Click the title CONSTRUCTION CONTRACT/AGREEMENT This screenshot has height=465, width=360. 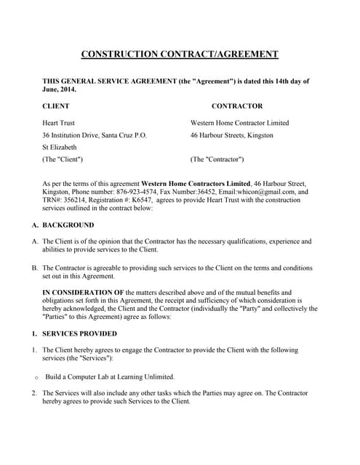[179, 54]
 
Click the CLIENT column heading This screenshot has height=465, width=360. [56, 106]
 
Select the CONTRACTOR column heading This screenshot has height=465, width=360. [236, 106]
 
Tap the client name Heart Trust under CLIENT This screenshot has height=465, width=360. [58, 123]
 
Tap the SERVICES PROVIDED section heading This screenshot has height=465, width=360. [79, 333]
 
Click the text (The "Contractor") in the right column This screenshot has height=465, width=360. [217, 159]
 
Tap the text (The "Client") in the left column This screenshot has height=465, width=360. [63, 159]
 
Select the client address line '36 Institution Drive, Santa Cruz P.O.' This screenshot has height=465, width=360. [95, 135]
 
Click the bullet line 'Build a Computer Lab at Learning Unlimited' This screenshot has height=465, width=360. [110, 376]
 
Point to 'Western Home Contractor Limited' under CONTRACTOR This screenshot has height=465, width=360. [239, 123]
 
